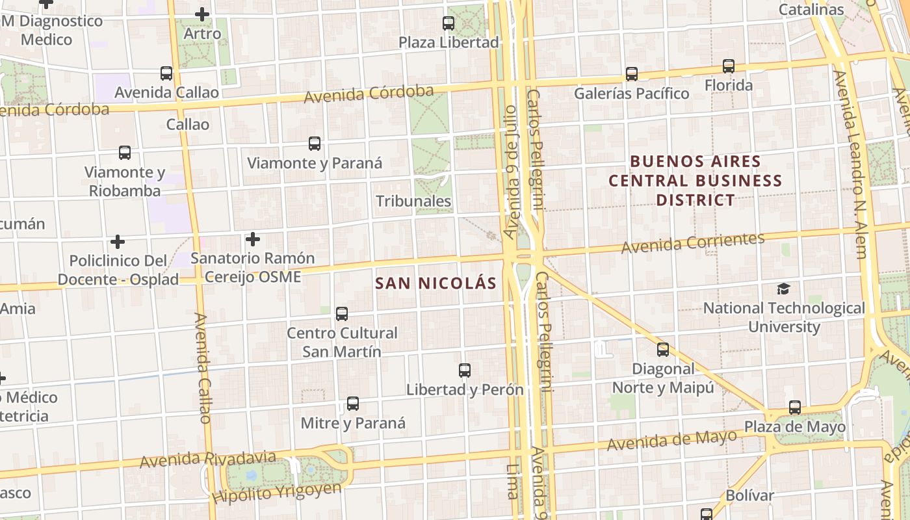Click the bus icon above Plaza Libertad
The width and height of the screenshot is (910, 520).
pyautogui.click(x=448, y=23)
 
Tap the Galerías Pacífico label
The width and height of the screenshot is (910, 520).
pyautogui.click(x=631, y=94)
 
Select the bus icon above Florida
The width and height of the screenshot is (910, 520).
pyautogui.click(x=729, y=66)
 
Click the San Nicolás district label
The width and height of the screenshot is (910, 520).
pyautogui.click(x=436, y=283)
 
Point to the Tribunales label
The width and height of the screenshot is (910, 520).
pyautogui.click(x=413, y=201)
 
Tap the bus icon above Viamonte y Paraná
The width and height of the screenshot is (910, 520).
pyautogui.click(x=315, y=144)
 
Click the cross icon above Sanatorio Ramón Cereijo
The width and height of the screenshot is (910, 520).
pyautogui.click(x=253, y=239)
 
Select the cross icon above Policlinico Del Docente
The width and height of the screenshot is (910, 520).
pyautogui.click(x=118, y=242)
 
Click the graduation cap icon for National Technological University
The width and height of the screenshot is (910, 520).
pyautogui.click(x=784, y=289)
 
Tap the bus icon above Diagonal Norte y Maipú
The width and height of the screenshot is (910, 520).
pyautogui.click(x=663, y=350)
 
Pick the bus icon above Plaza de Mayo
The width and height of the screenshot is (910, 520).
pyautogui.click(x=795, y=408)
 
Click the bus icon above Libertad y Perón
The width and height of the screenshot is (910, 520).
pyautogui.click(x=465, y=370)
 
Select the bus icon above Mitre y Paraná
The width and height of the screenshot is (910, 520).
pyautogui.click(x=353, y=404)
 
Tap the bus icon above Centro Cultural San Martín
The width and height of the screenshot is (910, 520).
pyautogui.click(x=342, y=314)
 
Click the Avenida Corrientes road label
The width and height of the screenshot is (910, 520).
pyautogui.click(x=693, y=244)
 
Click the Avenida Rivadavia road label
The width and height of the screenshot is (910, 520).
pyautogui.click(x=207, y=460)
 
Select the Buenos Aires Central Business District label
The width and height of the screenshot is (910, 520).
pyautogui.click(x=695, y=180)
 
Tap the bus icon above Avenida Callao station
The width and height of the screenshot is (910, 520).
pyautogui.click(x=166, y=73)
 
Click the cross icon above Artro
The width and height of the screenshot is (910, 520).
pyautogui.click(x=202, y=14)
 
